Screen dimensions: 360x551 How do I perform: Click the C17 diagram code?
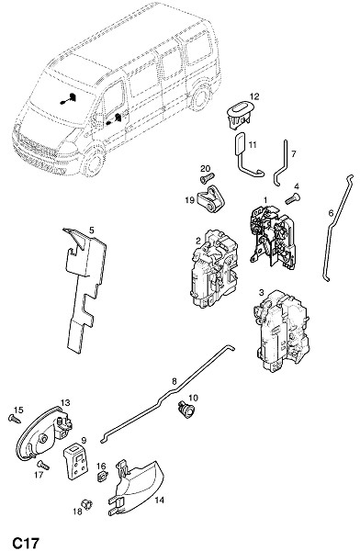26,542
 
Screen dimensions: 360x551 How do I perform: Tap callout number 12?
254,96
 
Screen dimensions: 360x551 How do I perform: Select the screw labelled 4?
292,198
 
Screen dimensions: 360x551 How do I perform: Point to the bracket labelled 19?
210,199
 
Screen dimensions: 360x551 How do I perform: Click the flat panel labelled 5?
84,288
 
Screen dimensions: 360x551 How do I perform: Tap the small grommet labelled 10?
186,410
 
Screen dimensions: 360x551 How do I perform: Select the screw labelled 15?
15,418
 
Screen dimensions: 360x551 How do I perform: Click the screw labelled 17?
43,465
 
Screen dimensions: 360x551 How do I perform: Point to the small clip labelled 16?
102,477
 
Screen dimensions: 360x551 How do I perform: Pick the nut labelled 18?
86,504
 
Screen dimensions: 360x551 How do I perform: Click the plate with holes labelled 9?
75,461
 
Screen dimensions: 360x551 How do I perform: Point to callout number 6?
331,213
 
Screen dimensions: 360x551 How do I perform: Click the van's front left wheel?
93,162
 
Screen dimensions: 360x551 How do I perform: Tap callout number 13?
65,403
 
